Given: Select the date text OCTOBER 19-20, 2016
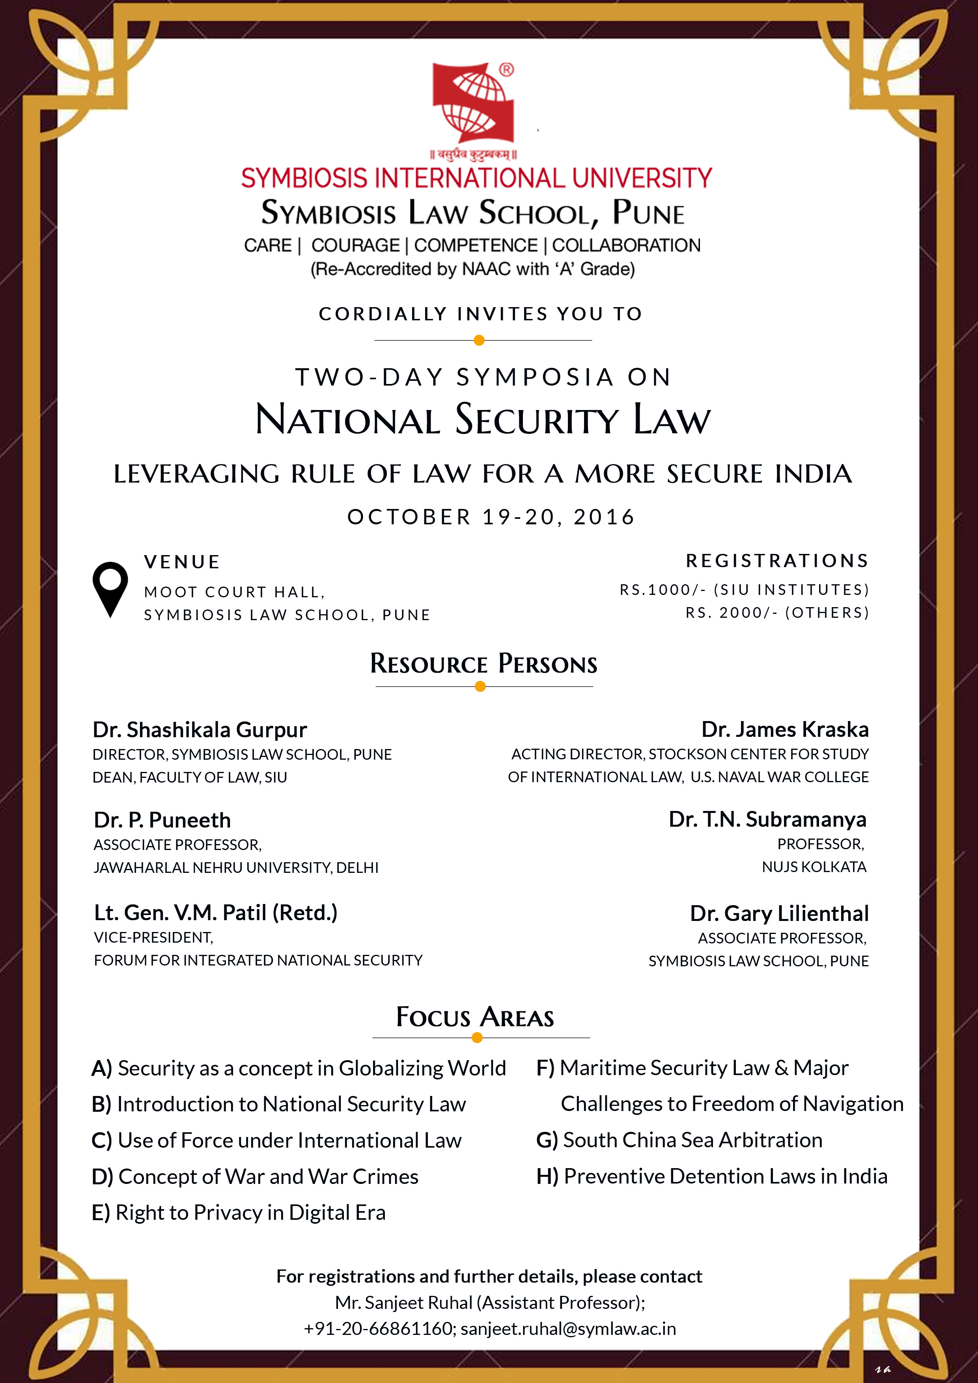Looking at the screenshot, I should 491,517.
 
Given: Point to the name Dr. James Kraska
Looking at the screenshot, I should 785,729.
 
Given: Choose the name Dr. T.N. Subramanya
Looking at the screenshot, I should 767,819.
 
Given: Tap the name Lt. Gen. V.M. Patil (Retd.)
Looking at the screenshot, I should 215,913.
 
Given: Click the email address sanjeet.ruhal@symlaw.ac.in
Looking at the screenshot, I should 568,1328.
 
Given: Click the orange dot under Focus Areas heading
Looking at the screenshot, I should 477,1037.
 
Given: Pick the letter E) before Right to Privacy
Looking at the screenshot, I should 101,1213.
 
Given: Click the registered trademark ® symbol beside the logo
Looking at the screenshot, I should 507,70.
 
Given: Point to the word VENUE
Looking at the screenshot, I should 182,562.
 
